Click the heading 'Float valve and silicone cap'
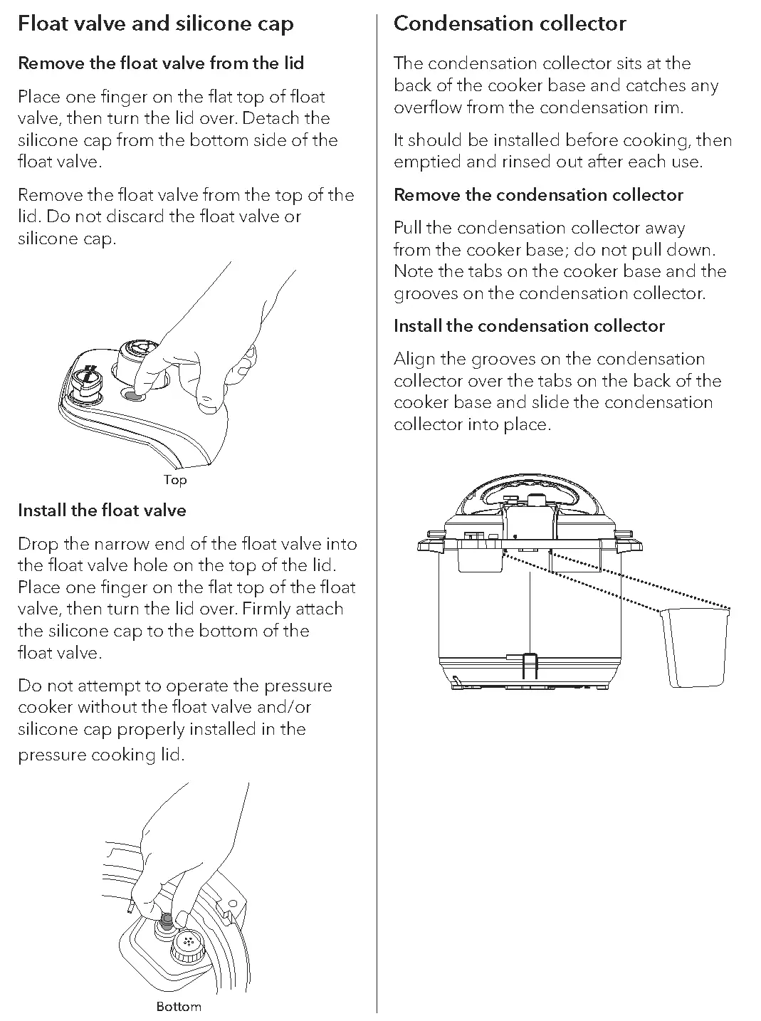tap(155, 23)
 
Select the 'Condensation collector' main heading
tap(510, 23)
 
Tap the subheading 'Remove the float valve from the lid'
tap(161, 63)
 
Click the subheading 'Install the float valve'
tap(102, 510)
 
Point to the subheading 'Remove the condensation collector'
tap(538, 195)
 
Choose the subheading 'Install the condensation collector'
tap(529, 326)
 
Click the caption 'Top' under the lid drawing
tap(175, 480)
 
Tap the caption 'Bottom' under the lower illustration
tap(179, 1007)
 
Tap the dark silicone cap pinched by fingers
tap(166, 923)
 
